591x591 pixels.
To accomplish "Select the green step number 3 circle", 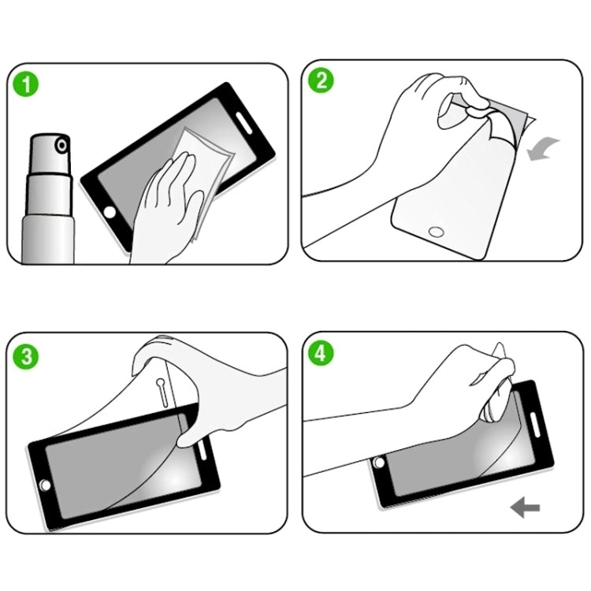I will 28,355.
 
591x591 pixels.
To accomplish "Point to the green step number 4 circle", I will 322,352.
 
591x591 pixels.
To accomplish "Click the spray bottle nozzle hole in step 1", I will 60,146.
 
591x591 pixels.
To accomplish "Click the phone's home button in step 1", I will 110,213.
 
